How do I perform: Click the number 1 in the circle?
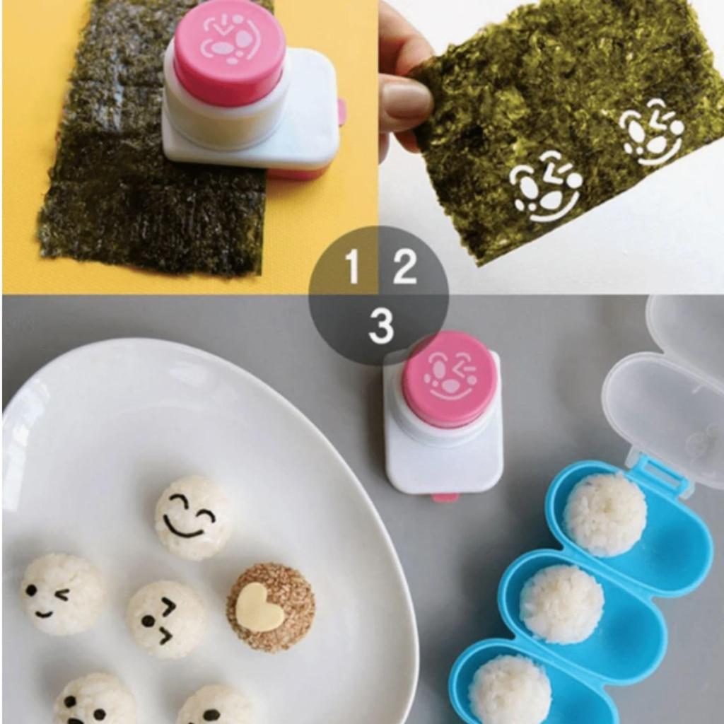pos(352,267)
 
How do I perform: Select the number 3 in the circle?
pos(380,326)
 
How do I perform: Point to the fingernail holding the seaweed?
pos(406,100)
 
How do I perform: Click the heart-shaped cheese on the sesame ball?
pos(259,607)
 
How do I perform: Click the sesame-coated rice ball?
pos(271,607)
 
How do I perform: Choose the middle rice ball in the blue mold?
pos(561,603)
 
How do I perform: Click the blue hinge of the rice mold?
pos(661,472)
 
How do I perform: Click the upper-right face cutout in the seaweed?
pos(650,131)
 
